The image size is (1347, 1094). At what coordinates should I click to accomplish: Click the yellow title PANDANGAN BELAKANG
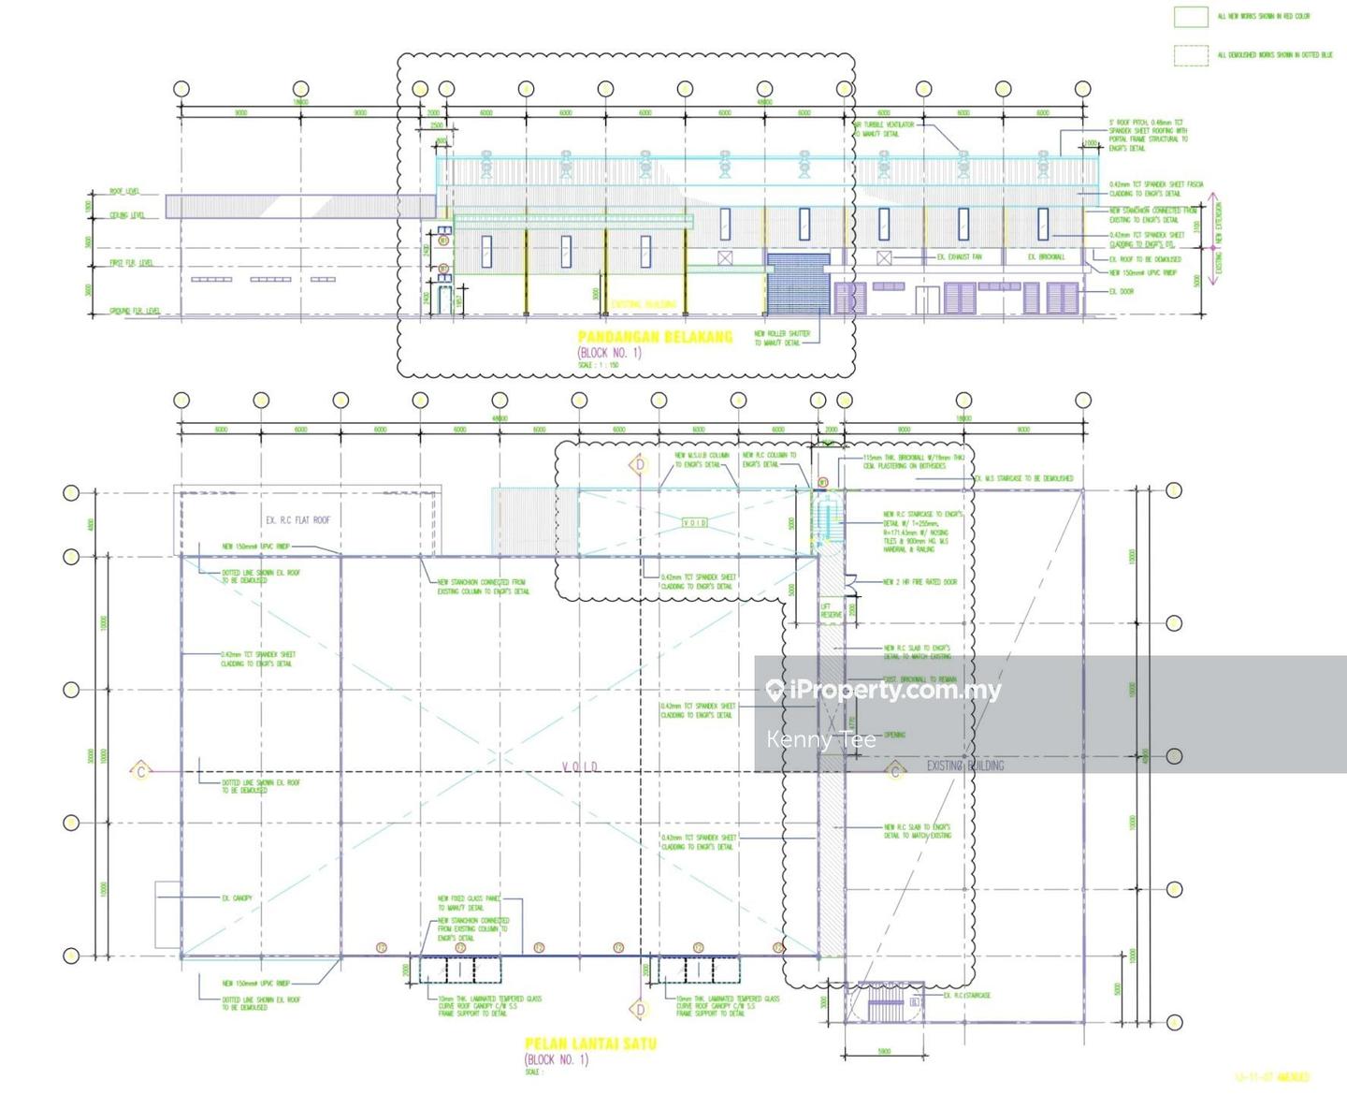[x=655, y=337]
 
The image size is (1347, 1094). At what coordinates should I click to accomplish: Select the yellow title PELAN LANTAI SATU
[x=590, y=1043]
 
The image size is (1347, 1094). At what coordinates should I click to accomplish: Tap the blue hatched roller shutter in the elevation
[x=797, y=284]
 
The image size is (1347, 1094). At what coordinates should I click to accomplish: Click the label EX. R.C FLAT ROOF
[x=297, y=520]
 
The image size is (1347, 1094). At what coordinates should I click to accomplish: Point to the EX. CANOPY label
[x=237, y=898]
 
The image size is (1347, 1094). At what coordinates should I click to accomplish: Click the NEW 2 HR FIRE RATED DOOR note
[x=920, y=582]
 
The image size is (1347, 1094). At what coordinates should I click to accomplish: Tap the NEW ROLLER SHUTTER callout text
[x=782, y=338]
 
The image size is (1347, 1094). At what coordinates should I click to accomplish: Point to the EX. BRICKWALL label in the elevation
[x=1046, y=257]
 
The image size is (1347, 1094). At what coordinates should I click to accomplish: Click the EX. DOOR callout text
[x=1122, y=291]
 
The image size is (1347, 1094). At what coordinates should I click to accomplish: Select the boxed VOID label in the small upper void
[x=694, y=522]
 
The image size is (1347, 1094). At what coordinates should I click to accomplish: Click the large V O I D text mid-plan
[x=580, y=767]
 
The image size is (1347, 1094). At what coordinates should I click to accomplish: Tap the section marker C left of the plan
[x=141, y=771]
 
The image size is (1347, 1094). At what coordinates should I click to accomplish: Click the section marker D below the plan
[x=640, y=1009]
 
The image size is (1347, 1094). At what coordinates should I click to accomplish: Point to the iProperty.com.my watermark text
[x=894, y=691]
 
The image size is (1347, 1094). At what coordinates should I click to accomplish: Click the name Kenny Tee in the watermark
[x=820, y=740]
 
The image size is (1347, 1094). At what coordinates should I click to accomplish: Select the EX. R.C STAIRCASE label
[x=966, y=996]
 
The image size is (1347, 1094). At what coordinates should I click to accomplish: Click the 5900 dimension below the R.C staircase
[x=884, y=1052]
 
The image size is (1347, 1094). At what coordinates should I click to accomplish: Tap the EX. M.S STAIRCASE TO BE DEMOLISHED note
[x=1024, y=478]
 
